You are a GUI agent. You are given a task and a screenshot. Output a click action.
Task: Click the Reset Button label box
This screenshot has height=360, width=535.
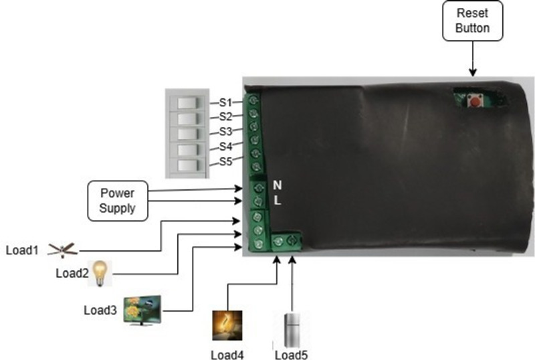[x=473, y=21]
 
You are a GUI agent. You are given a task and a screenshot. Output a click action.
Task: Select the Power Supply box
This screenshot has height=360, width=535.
[x=118, y=201]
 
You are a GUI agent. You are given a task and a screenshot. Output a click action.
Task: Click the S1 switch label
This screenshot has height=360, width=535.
[x=225, y=102]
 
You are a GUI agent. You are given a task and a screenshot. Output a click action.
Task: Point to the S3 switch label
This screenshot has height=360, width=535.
[x=225, y=132]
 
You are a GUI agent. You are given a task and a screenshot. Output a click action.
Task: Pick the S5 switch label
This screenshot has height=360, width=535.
[x=225, y=161]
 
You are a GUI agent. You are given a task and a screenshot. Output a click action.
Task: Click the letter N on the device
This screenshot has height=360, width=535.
[x=278, y=185]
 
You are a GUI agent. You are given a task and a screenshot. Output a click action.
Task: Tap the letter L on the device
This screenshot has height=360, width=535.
[x=278, y=200]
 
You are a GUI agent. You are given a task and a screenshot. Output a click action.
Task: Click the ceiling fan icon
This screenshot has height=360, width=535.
[x=63, y=250]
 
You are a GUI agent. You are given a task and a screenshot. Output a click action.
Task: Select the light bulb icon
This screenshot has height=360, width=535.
[x=100, y=273]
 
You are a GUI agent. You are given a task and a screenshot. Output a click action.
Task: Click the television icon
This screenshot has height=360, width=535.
[x=142, y=310]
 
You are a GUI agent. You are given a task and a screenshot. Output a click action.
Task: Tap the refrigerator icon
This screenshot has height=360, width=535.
[x=292, y=330]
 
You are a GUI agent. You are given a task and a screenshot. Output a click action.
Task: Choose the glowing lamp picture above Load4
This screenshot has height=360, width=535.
[x=227, y=325]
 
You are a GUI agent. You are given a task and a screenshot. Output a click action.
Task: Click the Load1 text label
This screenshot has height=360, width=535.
[x=22, y=250]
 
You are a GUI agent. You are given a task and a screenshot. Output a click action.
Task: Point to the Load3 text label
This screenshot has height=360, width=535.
[x=100, y=310]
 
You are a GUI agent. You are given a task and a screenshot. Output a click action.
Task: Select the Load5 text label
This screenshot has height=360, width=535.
[x=292, y=355]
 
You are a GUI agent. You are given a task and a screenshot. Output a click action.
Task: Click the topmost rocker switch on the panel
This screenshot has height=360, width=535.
[x=187, y=103]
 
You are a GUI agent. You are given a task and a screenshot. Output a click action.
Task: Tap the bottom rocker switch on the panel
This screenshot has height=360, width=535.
[x=187, y=165]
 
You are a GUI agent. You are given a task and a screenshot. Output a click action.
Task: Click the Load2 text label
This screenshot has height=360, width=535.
[x=72, y=273]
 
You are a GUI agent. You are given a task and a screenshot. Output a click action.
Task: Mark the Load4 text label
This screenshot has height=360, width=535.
[x=227, y=355]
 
